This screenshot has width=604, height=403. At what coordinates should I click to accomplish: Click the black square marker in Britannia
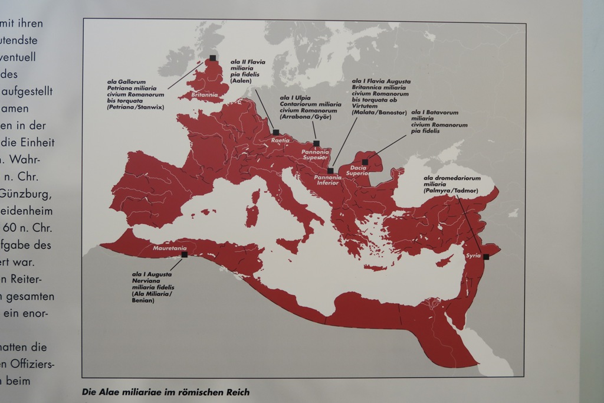tap(212, 58)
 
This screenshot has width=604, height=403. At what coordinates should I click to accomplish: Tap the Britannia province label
tap(204, 94)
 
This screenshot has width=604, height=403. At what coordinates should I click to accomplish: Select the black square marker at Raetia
tap(275, 132)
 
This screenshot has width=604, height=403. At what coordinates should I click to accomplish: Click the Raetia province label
tap(280, 140)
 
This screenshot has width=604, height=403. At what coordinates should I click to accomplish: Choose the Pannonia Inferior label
tap(327, 180)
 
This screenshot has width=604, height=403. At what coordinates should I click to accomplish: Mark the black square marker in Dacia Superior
tap(365, 162)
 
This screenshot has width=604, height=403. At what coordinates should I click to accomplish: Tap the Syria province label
tap(473, 255)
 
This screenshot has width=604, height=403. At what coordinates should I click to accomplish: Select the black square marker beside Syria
tap(486, 257)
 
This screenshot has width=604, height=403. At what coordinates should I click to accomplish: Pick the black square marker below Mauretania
tap(185, 255)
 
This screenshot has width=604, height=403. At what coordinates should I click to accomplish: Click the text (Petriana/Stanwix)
tap(135, 107)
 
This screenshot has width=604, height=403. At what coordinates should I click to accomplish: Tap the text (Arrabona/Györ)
tap(306, 117)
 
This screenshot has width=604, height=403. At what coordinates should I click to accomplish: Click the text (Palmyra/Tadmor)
tap(451, 191)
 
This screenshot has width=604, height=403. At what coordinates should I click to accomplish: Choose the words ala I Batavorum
tap(435, 112)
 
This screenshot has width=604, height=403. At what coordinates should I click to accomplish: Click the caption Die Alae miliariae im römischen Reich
tap(166, 392)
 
